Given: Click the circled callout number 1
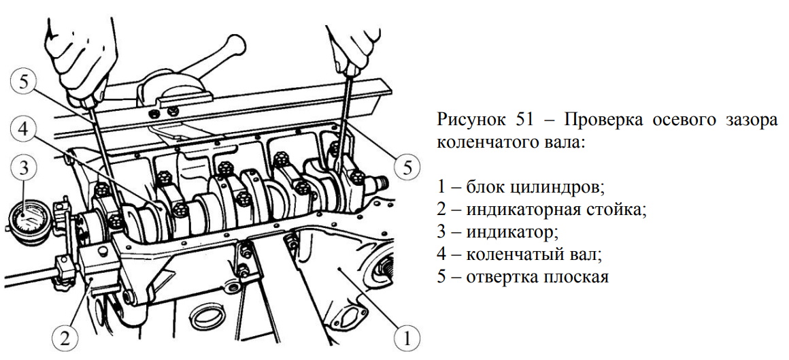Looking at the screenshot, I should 405,336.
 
